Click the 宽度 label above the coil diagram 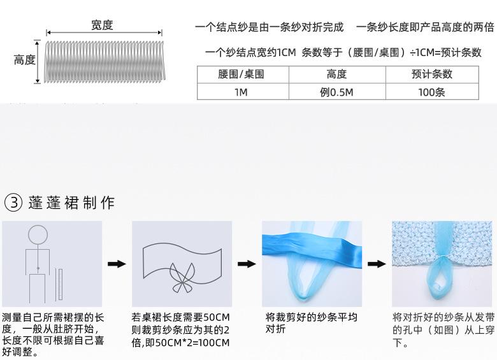coord(102,25)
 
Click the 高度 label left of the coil coord(25,61)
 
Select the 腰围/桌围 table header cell coord(241,75)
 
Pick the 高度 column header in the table coord(336,75)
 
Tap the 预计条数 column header coord(432,75)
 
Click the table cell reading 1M coord(241,92)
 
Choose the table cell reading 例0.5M coord(336,92)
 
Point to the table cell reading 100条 coord(432,92)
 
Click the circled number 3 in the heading coord(14,203)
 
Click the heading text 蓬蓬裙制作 coord(71,203)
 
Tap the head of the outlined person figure coord(37,234)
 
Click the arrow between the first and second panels coord(117,264)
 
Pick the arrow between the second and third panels coord(247,264)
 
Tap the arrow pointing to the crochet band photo coord(377,264)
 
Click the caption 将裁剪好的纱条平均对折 coord(311,323)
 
